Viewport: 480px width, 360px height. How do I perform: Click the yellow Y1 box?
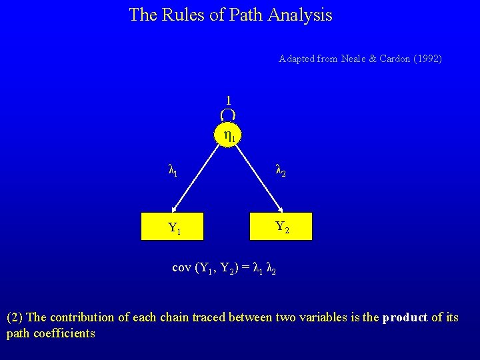tap(175, 227)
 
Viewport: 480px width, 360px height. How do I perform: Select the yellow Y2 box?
tap(281, 226)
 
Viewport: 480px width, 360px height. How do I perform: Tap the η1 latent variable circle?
tap(229, 137)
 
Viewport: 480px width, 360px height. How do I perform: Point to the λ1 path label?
tap(172, 172)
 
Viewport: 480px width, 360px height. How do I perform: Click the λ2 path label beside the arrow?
tap(281, 172)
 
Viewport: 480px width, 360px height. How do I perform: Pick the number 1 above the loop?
tap(229, 100)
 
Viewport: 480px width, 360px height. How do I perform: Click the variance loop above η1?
tap(228, 115)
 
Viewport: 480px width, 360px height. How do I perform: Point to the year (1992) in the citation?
tap(427, 59)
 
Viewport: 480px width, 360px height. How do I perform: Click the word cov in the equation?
tap(181, 267)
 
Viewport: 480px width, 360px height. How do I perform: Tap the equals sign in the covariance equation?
tap(245, 267)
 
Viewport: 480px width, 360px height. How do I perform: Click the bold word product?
tap(405, 317)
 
